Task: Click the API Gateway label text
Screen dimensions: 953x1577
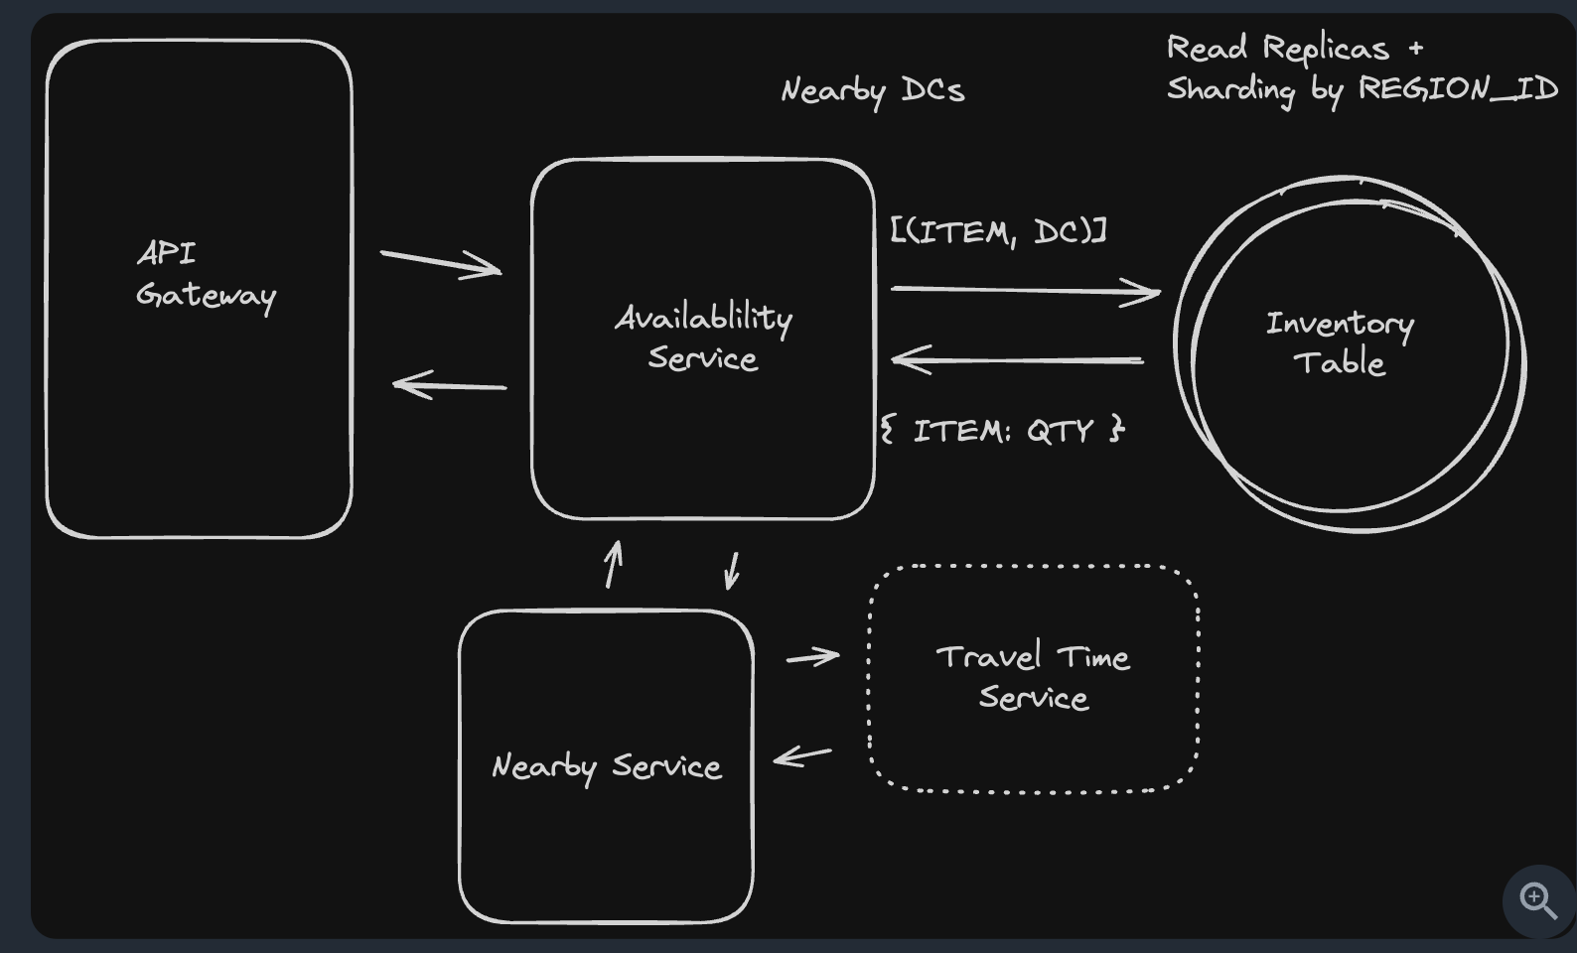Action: tap(205, 275)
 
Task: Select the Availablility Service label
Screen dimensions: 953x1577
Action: tap(703, 338)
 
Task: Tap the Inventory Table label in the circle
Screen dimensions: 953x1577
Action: tap(1340, 342)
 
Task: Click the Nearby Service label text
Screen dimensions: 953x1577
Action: tap(606, 766)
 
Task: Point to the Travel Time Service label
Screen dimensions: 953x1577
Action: tap(1033, 677)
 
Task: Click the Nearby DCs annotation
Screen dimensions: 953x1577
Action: tap(872, 90)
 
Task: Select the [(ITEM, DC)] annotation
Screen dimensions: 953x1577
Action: tap(998, 231)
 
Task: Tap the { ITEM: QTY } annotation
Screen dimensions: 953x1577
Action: tap(1002, 431)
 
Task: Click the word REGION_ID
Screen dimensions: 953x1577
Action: tap(1458, 88)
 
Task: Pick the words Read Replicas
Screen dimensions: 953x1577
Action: tap(1277, 48)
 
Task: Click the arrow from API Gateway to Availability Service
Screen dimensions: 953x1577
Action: tap(440, 262)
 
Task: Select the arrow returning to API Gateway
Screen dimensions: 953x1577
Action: tap(450, 385)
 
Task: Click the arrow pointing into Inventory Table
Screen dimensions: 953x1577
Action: tap(1025, 290)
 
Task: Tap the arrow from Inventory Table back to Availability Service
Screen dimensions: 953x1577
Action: tap(1017, 359)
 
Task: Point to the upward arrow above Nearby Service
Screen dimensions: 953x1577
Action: tap(614, 564)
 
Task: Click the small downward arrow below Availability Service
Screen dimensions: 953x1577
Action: tap(733, 571)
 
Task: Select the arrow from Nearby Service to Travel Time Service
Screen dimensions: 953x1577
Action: tap(812, 656)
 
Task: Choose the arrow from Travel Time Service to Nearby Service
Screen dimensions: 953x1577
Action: tap(802, 756)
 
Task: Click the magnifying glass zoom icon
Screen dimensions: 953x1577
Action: tap(1538, 900)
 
